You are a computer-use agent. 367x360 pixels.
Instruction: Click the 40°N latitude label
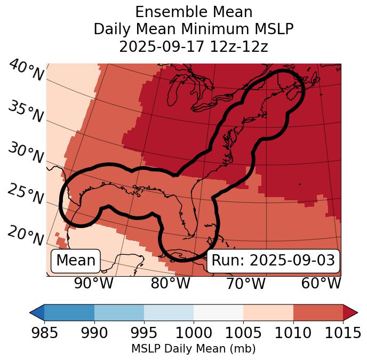tap(26, 71)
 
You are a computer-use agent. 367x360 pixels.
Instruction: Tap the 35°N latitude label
tap(25, 112)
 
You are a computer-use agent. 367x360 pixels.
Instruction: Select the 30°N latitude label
tap(25, 153)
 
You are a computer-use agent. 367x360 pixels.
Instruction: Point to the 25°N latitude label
tap(25, 194)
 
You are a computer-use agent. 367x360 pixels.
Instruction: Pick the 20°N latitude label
tap(25, 236)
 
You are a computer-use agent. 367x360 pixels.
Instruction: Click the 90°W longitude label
tap(94, 283)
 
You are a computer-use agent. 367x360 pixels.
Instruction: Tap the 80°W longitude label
tap(170, 283)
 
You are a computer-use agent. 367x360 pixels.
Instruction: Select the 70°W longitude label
tap(245, 283)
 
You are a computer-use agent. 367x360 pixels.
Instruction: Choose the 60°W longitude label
tap(321, 283)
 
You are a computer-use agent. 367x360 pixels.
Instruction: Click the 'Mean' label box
tap(76, 261)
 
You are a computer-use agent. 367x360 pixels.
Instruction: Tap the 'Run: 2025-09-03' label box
tap(273, 261)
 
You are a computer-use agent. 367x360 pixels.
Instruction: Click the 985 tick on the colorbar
tap(44, 333)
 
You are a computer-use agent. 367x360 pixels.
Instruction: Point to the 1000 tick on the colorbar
tap(194, 333)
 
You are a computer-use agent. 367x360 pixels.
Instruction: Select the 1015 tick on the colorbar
tap(343, 333)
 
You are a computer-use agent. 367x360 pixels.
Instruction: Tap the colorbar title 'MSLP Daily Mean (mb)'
tap(194, 349)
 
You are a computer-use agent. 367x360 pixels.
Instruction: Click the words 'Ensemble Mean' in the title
tap(194, 12)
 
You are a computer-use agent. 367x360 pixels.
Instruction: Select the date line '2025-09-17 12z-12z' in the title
tap(194, 46)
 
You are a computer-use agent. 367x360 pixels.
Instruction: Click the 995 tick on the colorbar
tap(144, 333)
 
